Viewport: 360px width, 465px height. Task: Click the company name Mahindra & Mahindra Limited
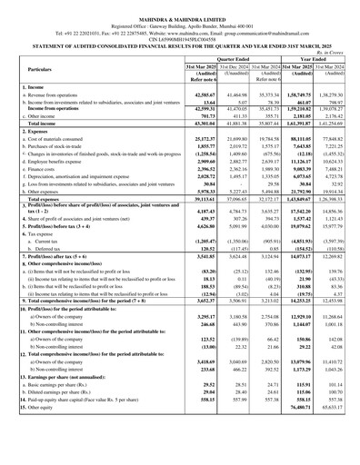pyautogui.click(x=180, y=10)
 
